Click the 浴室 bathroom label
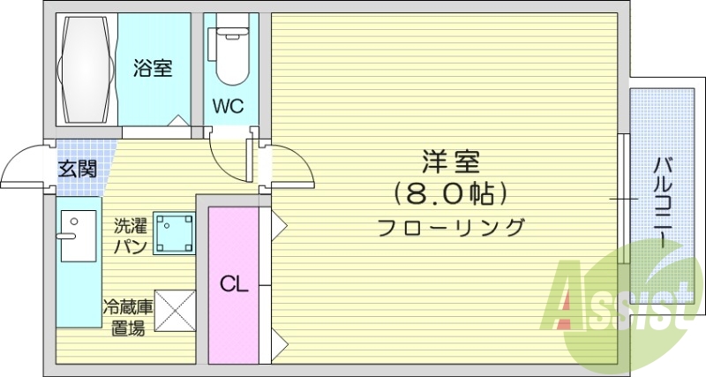tap(153, 68)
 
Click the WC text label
tap(227, 107)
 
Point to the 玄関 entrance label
tap(78, 168)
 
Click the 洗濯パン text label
tap(130, 235)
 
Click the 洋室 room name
tap(450, 162)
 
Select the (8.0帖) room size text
tap(450, 192)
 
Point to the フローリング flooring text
tap(450, 226)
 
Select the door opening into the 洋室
tap(287, 168)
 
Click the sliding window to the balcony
tap(624, 200)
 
